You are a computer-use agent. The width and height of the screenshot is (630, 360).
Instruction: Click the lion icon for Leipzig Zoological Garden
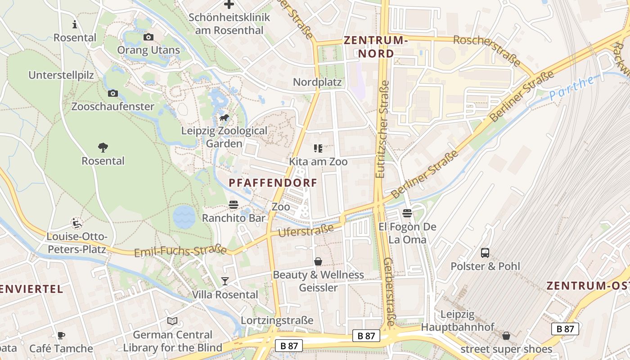click(224, 118)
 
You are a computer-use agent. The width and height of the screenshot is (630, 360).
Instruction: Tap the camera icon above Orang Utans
click(148, 37)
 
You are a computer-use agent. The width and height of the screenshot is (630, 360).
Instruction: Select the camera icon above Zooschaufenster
click(113, 93)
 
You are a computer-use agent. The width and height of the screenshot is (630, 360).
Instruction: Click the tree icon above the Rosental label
click(103, 147)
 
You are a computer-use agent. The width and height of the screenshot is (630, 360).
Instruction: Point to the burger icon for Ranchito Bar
click(233, 205)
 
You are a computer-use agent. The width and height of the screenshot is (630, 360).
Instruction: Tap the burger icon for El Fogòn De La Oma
click(407, 213)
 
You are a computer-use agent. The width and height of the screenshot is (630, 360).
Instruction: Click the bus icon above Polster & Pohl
click(485, 252)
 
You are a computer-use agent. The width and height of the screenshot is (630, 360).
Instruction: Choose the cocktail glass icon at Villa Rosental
click(225, 281)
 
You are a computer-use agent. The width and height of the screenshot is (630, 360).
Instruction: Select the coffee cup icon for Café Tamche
click(61, 335)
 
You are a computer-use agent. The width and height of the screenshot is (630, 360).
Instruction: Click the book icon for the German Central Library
click(172, 321)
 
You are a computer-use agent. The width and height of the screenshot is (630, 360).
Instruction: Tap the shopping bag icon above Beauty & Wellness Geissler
click(318, 261)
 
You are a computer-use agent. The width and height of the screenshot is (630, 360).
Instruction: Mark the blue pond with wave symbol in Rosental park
click(184, 216)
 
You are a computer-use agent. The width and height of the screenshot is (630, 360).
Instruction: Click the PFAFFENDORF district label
click(273, 183)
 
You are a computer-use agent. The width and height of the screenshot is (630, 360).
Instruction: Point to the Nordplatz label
click(317, 82)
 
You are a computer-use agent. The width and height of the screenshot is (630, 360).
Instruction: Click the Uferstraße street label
click(306, 230)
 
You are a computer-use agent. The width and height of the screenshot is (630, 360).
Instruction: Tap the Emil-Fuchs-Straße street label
click(180, 251)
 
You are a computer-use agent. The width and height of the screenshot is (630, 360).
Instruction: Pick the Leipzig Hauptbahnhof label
click(458, 320)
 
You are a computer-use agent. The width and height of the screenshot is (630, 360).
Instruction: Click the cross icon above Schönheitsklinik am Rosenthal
click(229, 4)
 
